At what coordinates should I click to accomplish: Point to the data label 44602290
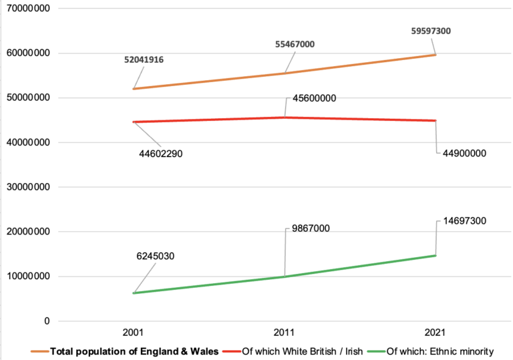click(160, 154)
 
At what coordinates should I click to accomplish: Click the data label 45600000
click(315, 98)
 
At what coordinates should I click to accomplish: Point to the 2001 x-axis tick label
click(134, 332)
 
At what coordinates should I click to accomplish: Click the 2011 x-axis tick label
click(285, 332)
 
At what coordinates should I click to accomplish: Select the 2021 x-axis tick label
click(436, 332)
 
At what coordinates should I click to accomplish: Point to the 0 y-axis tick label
click(47, 321)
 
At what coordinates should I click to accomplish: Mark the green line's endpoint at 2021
click(436, 255)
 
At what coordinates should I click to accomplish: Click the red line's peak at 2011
click(285, 118)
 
